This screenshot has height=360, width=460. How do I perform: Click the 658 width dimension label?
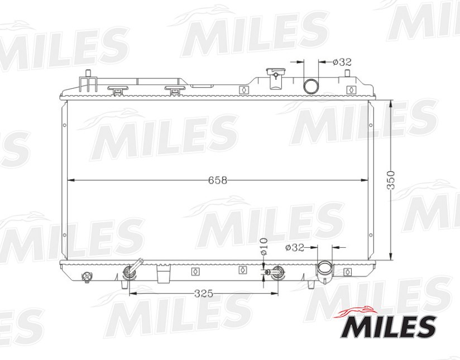pos(218,180)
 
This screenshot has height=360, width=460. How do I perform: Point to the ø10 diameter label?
pos(265,246)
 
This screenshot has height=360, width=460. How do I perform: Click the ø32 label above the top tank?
pos(342,62)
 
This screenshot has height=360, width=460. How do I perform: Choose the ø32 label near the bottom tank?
pos(294,247)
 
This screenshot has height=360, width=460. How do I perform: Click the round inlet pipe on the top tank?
pos(310,86)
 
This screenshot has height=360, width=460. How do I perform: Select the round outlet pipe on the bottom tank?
pos(325,269)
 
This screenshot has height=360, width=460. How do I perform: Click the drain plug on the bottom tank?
pos(86,276)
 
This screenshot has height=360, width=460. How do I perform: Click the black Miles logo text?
pos(388,327)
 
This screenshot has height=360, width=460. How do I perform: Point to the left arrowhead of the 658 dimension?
pos(70,180)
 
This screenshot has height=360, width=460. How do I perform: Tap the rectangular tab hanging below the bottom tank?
pos(163,275)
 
